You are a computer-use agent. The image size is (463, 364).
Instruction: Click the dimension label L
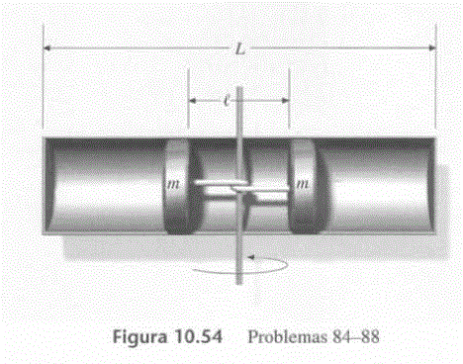click(240, 49)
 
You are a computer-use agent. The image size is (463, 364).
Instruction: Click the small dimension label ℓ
click(227, 100)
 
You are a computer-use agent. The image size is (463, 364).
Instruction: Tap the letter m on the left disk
click(173, 184)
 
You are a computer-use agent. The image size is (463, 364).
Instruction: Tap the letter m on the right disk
click(303, 183)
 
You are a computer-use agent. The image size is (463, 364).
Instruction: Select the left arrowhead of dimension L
click(47, 48)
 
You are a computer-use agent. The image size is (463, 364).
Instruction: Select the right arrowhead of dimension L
click(432, 48)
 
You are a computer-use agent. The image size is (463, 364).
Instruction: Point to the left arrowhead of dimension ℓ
click(192, 101)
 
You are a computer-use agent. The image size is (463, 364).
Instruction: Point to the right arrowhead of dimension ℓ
click(286, 101)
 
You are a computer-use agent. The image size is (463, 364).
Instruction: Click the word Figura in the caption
click(139, 337)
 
